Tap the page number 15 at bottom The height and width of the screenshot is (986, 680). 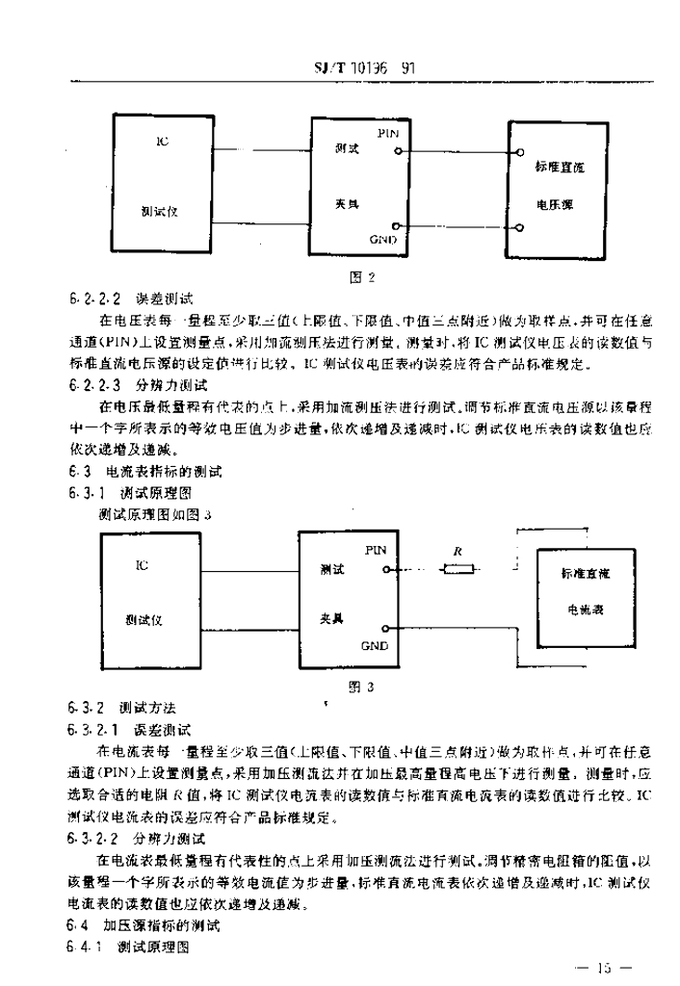604,967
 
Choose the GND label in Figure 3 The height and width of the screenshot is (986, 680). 375,645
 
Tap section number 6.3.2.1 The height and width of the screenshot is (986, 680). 94,730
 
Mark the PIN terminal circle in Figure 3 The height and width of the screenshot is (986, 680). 385,570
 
